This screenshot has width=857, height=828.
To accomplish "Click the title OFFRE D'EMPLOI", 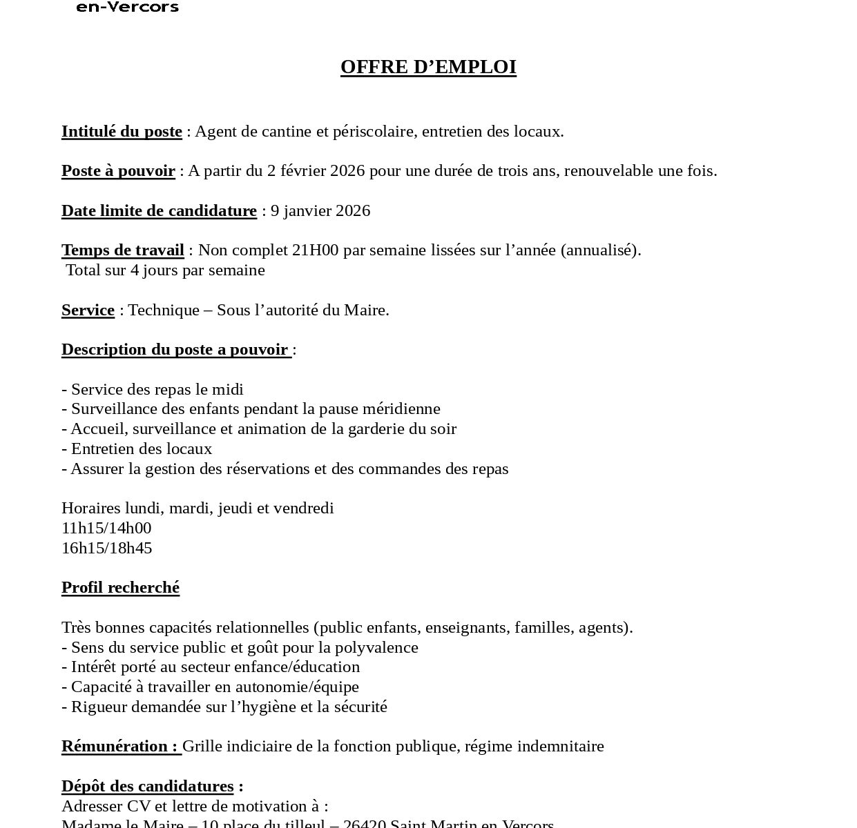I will click(428, 67).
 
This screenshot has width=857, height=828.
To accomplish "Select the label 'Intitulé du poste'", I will click(122, 131).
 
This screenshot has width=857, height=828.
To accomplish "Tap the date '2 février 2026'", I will click(316, 170).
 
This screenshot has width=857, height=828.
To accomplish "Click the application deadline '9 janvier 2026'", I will click(320, 210).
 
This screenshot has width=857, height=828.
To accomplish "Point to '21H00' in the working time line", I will click(315, 250).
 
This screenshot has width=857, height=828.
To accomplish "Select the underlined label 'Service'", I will click(88, 310).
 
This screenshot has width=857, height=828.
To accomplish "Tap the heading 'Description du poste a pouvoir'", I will click(175, 349).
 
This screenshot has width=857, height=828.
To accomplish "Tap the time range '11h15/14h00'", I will click(106, 528).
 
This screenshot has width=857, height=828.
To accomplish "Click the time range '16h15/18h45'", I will click(106, 548).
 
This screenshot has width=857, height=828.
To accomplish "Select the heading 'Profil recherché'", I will click(120, 587).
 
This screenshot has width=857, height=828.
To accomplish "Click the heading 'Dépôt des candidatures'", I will click(147, 786).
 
